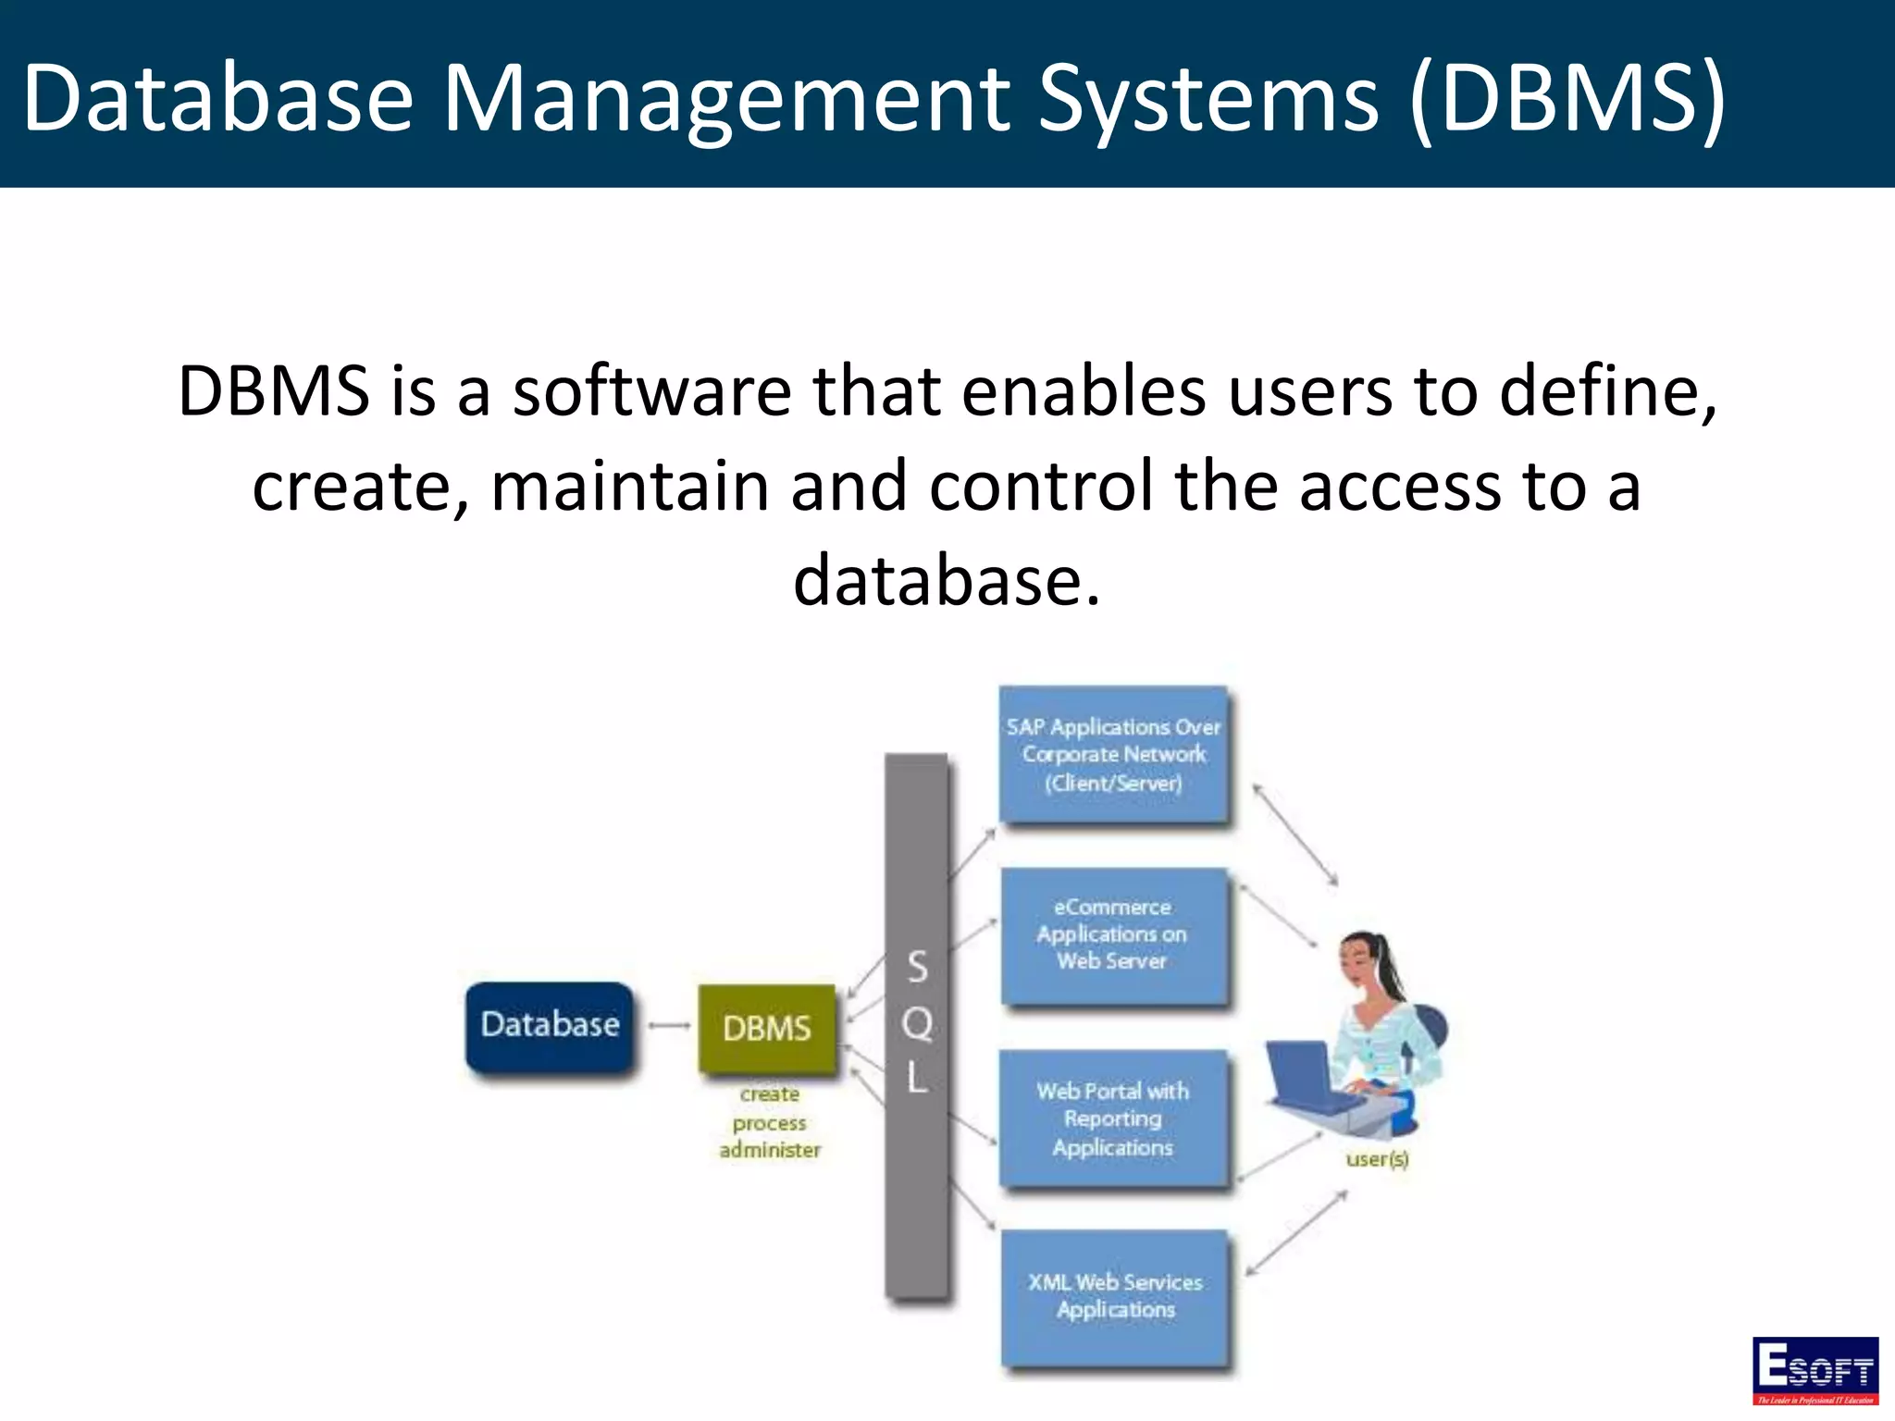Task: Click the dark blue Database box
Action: coord(550,1026)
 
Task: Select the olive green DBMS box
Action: coord(767,1028)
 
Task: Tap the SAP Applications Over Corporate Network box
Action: coord(1114,755)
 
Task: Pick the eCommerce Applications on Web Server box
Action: coord(1113,935)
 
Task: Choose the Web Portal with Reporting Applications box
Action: coord(1113,1118)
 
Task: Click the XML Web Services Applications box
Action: coord(1116,1296)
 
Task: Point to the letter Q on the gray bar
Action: coord(917,1023)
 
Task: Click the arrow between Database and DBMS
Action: coord(668,1025)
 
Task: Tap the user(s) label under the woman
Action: coord(1377,1159)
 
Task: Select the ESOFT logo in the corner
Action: coord(1814,1369)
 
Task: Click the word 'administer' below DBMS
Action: coord(770,1150)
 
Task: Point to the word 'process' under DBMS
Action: coord(770,1123)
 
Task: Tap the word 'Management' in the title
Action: coord(727,98)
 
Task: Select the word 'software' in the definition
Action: coord(651,391)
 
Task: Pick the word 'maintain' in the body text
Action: coord(629,487)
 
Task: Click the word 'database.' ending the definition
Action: coord(947,581)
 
